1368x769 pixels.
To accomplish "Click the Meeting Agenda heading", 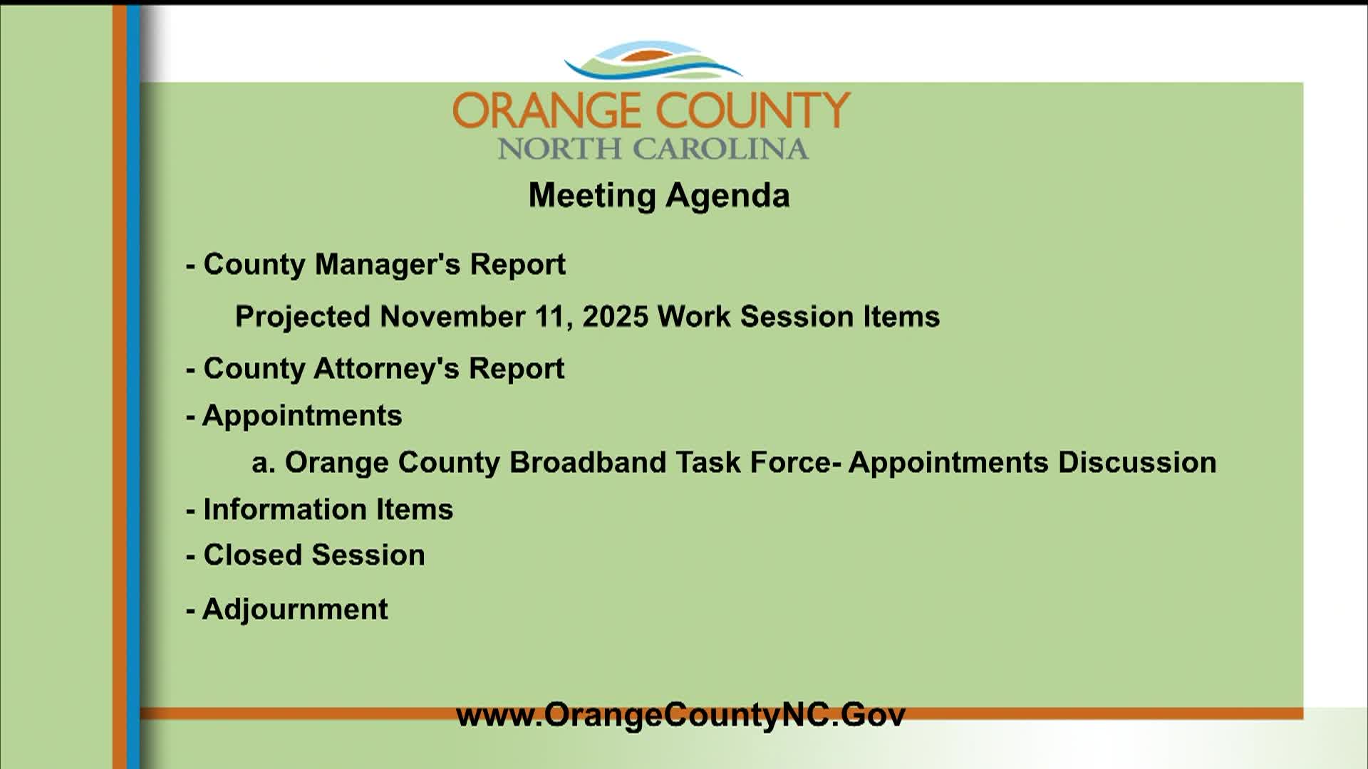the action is (x=659, y=196).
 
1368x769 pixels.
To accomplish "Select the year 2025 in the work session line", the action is (x=616, y=316).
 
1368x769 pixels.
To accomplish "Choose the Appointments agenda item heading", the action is (x=294, y=416).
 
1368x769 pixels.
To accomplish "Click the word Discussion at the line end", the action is (x=1137, y=462).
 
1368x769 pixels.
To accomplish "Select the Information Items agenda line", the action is (x=319, y=509).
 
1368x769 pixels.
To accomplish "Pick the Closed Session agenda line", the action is (x=305, y=555).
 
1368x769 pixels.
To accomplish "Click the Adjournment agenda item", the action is (x=286, y=610).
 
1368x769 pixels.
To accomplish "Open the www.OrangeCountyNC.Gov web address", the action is (x=680, y=715).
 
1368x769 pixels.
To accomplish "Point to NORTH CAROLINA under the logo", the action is (x=653, y=149).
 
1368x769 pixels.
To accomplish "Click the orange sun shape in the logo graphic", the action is (x=651, y=56).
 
